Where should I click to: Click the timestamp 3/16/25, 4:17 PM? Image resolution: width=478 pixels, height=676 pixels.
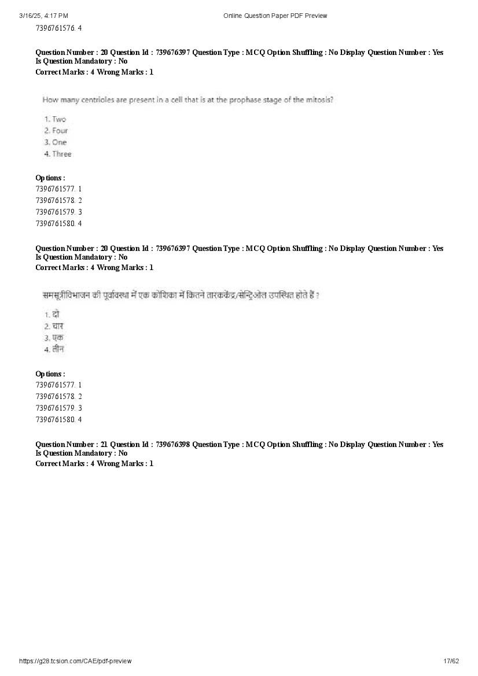click(x=43, y=16)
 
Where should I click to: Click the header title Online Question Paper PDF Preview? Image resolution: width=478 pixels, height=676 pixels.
click(x=275, y=16)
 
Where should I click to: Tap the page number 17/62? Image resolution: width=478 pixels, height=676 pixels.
click(x=451, y=661)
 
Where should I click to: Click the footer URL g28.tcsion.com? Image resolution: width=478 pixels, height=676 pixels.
click(x=75, y=661)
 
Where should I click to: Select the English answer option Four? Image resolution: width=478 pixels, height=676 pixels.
click(x=60, y=131)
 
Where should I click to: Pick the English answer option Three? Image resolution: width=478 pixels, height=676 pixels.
click(x=61, y=154)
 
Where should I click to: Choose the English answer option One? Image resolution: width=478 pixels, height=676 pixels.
click(x=59, y=142)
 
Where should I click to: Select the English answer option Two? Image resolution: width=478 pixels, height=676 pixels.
click(x=59, y=119)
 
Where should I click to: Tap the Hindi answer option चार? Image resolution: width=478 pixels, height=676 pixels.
click(x=57, y=326)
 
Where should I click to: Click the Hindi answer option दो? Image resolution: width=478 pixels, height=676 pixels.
click(x=56, y=315)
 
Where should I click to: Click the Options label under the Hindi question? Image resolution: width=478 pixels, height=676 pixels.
click(x=50, y=374)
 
